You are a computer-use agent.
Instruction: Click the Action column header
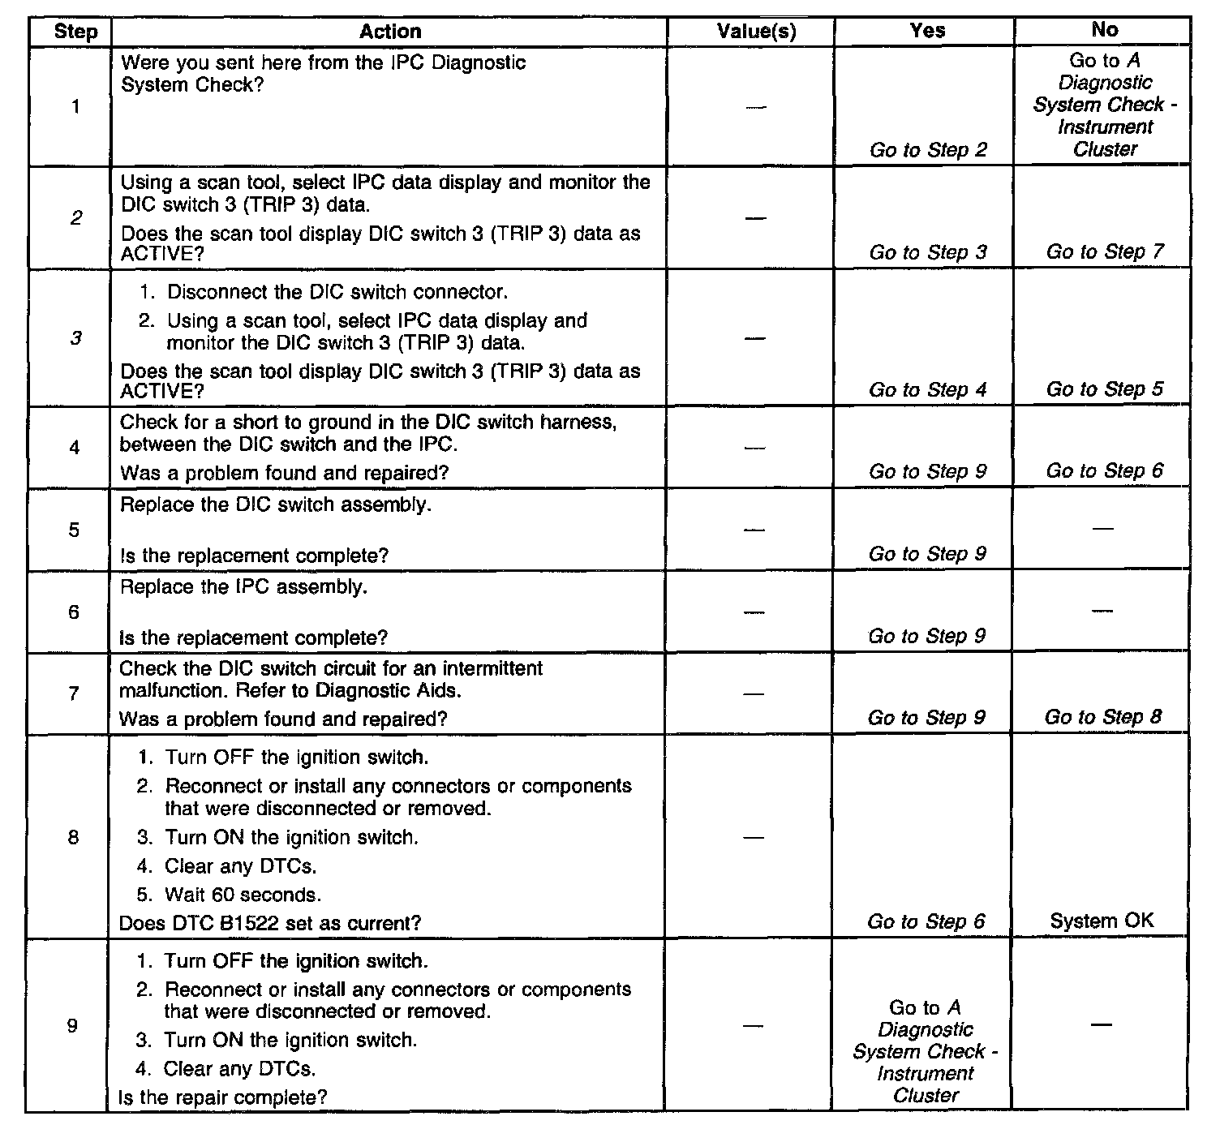click(x=390, y=32)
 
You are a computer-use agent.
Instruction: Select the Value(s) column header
click(x=756, y=32)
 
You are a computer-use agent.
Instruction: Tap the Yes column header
click(x=927, y=31)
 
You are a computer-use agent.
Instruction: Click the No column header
click(x=1104, y=30)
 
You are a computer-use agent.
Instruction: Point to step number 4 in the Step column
click(x=74, y=447)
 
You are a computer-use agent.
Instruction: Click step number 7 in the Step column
click(x=73, y=693)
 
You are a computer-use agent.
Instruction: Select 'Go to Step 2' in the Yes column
click(x=928, y=150)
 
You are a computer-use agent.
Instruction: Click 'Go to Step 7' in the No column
click(x=1105, y=251)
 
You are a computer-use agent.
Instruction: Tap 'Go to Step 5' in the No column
click(x=1104, y=389)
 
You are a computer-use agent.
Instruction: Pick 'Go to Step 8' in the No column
click(x=1103, y=717)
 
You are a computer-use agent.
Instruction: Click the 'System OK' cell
click(x=1102, y=921)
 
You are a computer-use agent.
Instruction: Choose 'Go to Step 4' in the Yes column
click(x=928, y=390)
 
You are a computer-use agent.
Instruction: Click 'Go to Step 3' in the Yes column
click(x=928, y=252)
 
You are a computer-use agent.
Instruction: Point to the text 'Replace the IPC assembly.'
click(x=243, y=586)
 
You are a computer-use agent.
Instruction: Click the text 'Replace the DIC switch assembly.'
click(x=276, y=504)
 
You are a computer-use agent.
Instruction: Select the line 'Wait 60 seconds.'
click(x=243, y=895)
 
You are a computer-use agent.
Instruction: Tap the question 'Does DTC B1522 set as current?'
click(x=270, y=923)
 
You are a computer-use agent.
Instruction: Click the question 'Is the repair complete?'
click(x=222, y=1097)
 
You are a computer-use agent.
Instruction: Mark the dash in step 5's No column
click(x=1102, y=529)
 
